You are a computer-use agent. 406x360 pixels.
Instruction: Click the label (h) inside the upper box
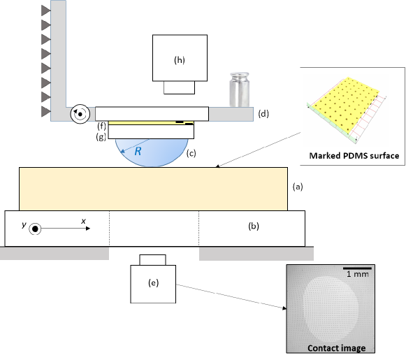click(180, 60)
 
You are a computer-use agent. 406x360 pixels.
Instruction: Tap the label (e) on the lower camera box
click(153, 283)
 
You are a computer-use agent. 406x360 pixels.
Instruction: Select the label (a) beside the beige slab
click(298, 187)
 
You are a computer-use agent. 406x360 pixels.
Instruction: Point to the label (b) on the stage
click(254, 226)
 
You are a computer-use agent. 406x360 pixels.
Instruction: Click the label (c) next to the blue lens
click(191, 153)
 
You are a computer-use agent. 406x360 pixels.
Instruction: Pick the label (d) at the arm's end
click(263, 114)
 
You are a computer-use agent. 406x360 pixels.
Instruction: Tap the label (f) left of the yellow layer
click(101, 126)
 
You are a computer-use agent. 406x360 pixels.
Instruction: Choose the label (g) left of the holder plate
click(101, 136)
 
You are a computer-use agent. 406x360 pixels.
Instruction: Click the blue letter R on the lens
click(138, 151)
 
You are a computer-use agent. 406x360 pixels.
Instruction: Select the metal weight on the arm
click(240, 89)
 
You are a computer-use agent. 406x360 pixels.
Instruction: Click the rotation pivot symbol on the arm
click(80, 114)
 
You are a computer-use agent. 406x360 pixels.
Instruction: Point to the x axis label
click(83, 221)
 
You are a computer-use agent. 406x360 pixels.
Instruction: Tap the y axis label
click(24, 225)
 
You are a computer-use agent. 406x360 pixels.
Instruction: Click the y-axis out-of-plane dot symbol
click(35, 229)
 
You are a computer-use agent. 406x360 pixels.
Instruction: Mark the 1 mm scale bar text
click(358, 274)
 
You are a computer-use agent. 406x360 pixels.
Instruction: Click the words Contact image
click(337, 348)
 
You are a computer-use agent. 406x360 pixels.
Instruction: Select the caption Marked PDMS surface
click(354, 156)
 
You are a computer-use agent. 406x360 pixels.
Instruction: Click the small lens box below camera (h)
click(179, 87)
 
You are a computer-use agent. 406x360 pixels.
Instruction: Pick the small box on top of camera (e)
click(153, 260)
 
